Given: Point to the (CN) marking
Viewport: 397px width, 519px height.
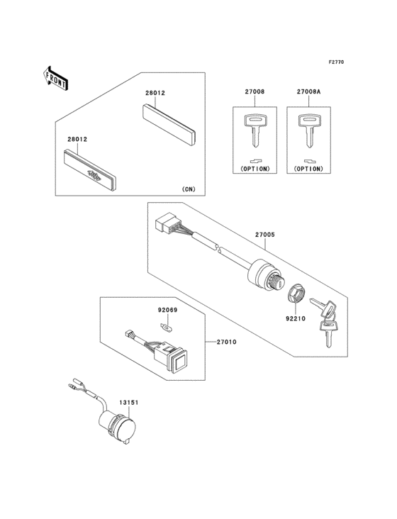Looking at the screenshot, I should (188, 189).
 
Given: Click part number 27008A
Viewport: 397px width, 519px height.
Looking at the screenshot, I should (308, 92).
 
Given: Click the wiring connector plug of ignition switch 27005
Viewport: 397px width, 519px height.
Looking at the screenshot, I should (168, 225).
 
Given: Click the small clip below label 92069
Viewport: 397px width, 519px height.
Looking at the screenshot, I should (167, 327).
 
